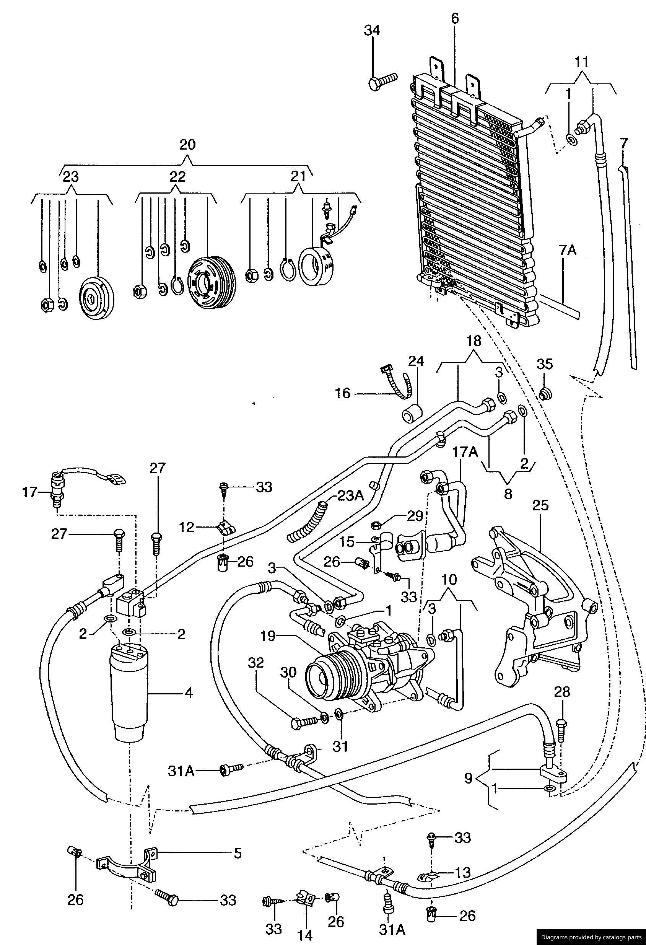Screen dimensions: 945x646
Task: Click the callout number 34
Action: (372, 31)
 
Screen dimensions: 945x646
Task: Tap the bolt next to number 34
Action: (382, 83)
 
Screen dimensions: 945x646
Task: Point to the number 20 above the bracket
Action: (187, 144)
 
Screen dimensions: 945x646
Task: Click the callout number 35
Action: (545, 364)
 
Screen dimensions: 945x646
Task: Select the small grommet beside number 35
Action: (545, 393)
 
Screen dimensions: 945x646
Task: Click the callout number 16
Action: (343, 393)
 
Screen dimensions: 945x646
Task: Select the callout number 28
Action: (562, 692)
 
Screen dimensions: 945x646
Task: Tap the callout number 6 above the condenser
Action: (454, 18)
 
